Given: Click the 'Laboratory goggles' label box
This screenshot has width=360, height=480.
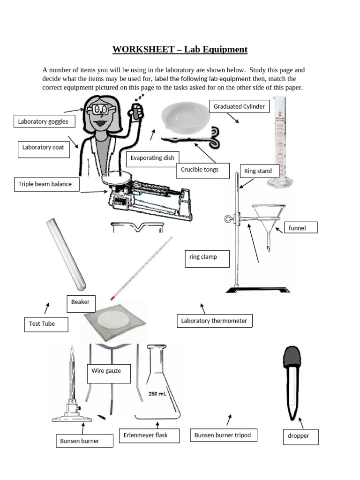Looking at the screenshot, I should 43,122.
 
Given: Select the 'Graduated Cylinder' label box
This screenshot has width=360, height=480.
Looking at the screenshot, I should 240,107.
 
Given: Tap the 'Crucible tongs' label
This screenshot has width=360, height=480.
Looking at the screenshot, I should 200,170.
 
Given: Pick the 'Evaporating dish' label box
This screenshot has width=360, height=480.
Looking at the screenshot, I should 153,158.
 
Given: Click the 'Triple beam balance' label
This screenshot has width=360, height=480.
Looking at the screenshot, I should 45,184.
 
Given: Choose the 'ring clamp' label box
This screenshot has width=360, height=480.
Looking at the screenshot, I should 207,258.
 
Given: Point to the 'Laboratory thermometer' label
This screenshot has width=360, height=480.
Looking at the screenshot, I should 215,321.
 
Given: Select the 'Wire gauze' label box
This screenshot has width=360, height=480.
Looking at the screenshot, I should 108,373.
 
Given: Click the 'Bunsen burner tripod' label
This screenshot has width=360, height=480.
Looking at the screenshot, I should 223,435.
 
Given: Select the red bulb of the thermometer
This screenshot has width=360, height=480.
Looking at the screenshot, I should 113,297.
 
